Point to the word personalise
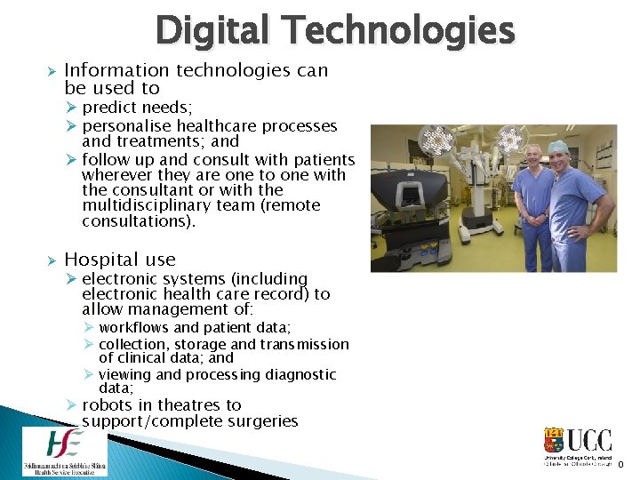coord(131,126)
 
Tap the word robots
coord(107,405)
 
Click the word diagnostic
coord(297,375)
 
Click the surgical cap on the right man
coord(557,146)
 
